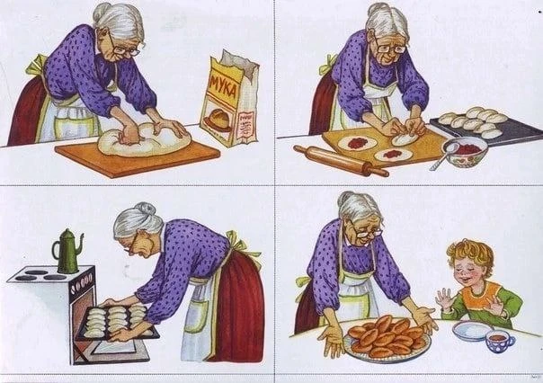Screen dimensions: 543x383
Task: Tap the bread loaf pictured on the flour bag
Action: click(x=218, y=120)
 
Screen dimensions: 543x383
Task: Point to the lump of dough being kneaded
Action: click(x=144, y=139)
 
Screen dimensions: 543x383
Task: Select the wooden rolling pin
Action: click(x=341, y=160)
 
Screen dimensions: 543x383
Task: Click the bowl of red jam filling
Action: click(x=465, y=152)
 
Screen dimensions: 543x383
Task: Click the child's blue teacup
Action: click(x=500, y=342)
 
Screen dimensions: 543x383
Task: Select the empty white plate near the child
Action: click(x=473, y=330)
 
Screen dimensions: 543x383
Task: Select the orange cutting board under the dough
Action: click(x=138, y=157)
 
